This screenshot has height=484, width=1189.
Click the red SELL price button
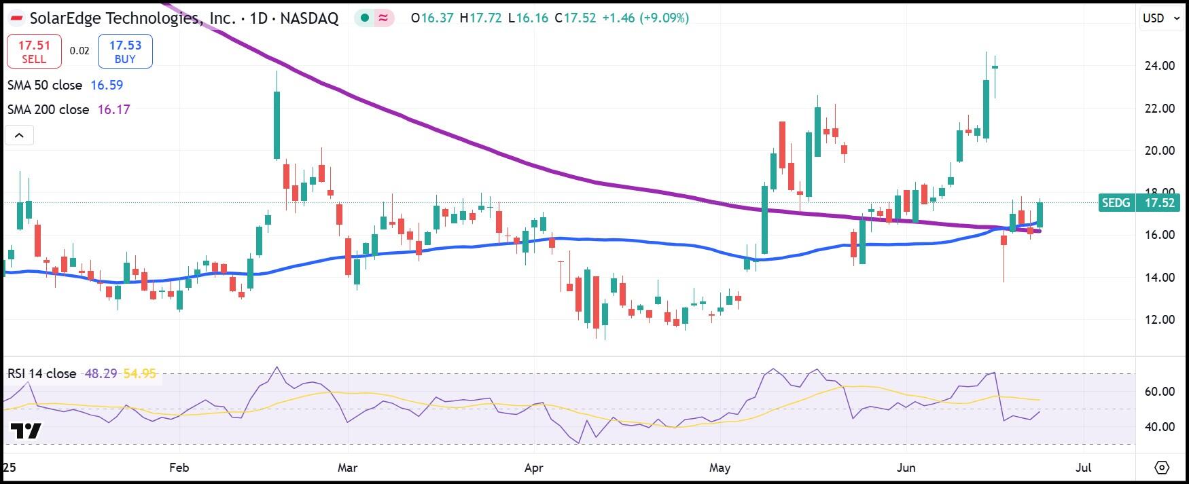click(x=34, y=52)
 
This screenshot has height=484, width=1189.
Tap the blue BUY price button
click(x=125, y=52)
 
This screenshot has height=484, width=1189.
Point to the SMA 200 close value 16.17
click(x=113, y=109)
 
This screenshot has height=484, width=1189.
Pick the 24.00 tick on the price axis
click(x=1160, y=66)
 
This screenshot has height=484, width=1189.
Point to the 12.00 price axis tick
click(x=1160, y=319)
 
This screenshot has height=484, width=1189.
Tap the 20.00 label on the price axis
click(x=1160, y=150)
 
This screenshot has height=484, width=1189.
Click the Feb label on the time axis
click(x=179, y=468)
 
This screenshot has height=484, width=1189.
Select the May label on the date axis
click(x=720, y=468)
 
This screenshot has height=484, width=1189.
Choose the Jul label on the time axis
click(x=1084, y=468)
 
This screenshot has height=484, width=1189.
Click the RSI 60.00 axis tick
click(x=1160, y=391)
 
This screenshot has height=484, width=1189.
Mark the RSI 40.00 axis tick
click(x=1160, y=426)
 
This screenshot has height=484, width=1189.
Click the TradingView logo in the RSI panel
click(x=26, y=431)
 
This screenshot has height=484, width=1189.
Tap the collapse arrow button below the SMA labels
click(x=19, y=135)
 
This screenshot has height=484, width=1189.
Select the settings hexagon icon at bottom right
click(x=1162, y=468)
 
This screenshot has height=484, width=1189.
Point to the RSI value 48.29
click(x=101, y=373)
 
